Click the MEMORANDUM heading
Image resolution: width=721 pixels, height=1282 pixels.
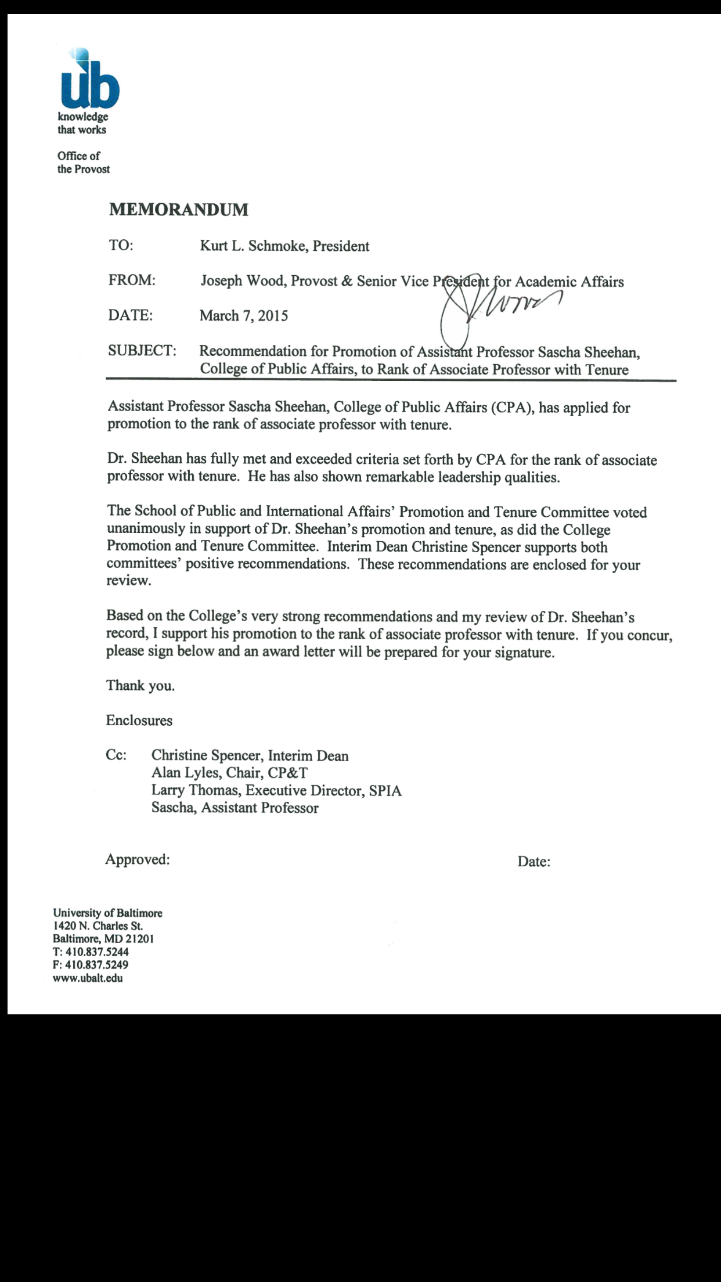click(178, 210)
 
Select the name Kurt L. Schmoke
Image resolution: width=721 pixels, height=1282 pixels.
click(253, 246)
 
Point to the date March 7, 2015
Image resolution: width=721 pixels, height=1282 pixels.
click(243, 316)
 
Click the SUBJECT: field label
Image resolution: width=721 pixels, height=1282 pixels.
click(142, 351)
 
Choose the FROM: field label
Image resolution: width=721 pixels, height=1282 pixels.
click(131, 280)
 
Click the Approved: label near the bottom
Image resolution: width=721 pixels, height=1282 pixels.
click(137, 859)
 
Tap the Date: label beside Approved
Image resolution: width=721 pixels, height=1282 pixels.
click(533, 862)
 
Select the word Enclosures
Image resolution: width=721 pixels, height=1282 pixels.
click(139, 721)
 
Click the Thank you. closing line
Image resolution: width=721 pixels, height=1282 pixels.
click(140, 686)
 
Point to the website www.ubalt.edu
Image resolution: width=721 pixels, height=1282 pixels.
click(88, 978)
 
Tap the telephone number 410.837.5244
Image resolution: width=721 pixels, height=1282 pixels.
click(97, 952)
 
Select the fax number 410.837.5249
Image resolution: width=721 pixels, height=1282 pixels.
click(97, 964)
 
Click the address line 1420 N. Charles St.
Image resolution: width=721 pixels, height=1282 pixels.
click(98, 926)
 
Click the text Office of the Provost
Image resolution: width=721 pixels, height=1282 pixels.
click(83, 163)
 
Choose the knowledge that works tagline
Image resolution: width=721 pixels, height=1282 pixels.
click(82, 123)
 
